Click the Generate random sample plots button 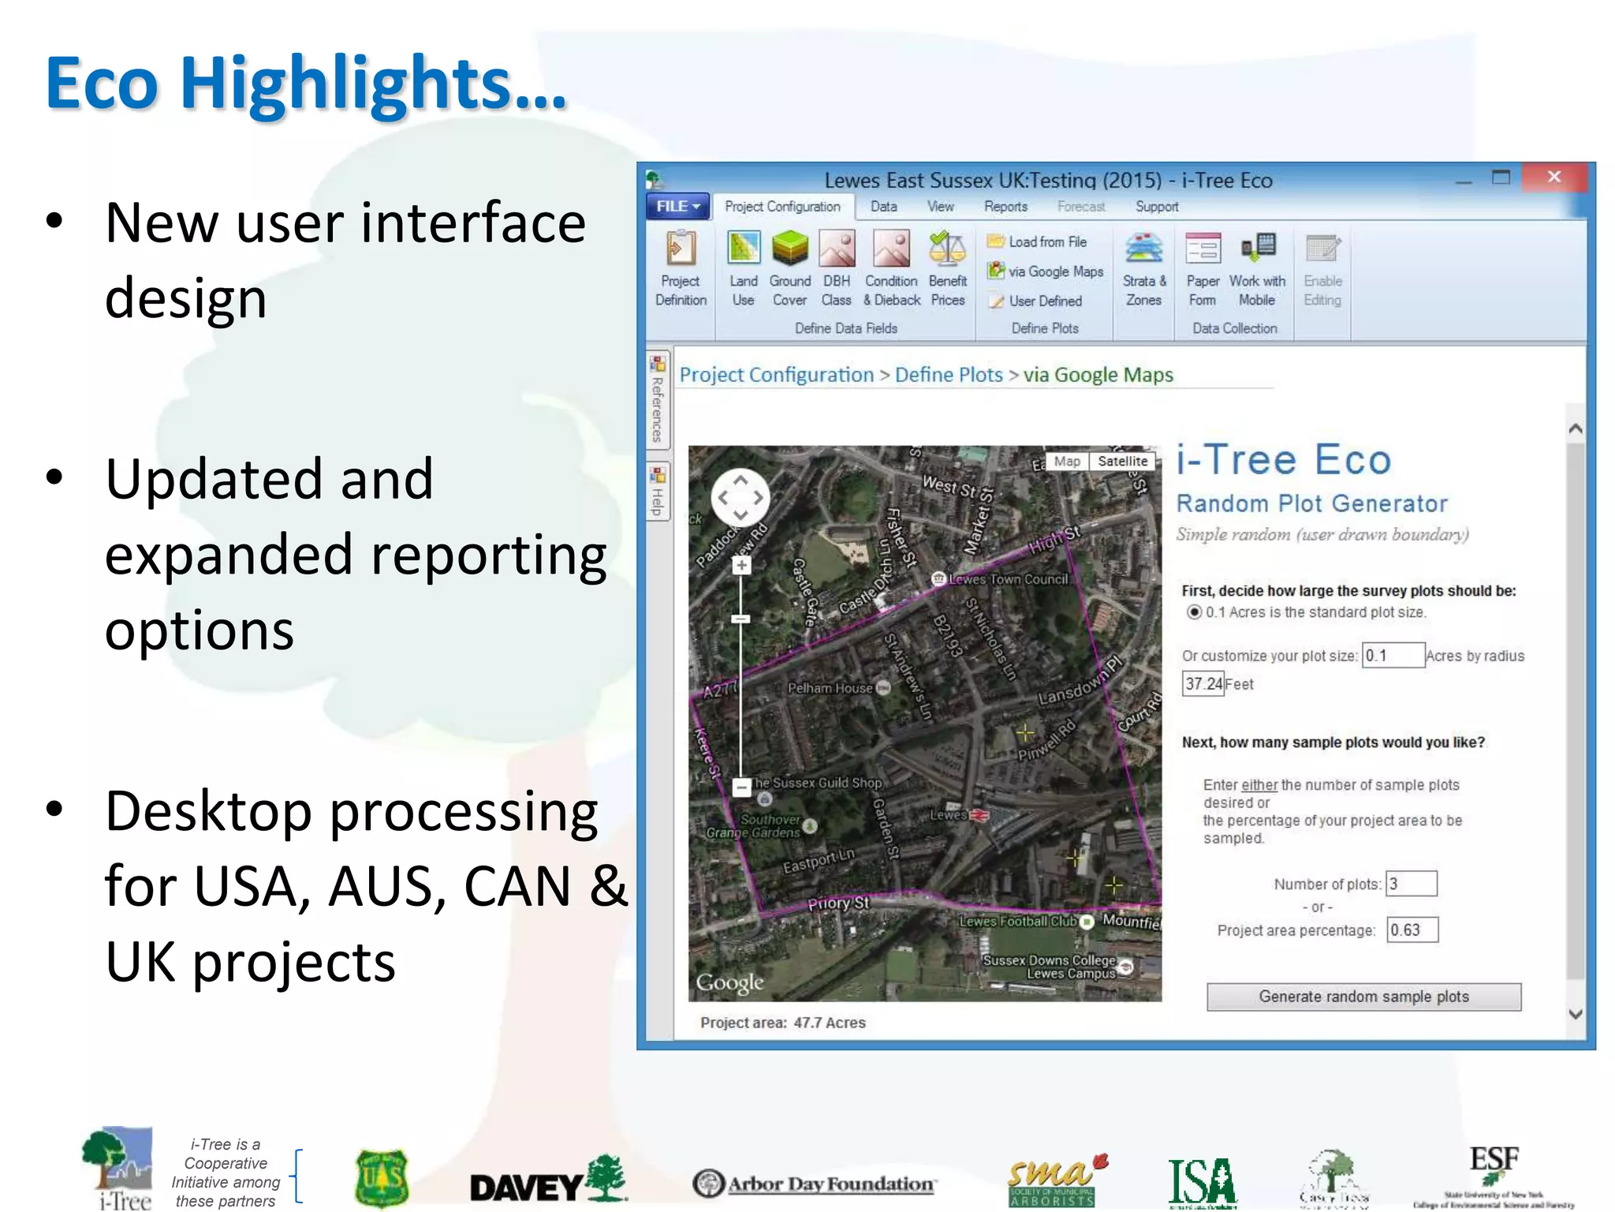tap(1363, 997)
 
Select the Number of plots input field tap(1411, 884)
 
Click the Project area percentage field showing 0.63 tap(1412, 930)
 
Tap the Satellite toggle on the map tap(1122, 462)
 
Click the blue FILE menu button tap(677, 207)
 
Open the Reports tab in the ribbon tap(1005, 207)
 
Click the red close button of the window tap(1553, 178)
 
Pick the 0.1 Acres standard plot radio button tap(1195, 612)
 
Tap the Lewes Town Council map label tap(1008, 579)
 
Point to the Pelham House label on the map tap(830, 688)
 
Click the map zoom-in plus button tap(741, 565)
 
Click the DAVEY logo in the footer tap(548, 1181)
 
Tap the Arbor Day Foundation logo tap(814, 1184)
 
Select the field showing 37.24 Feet tap(1203, 684)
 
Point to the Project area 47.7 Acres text tap(782, 1023)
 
